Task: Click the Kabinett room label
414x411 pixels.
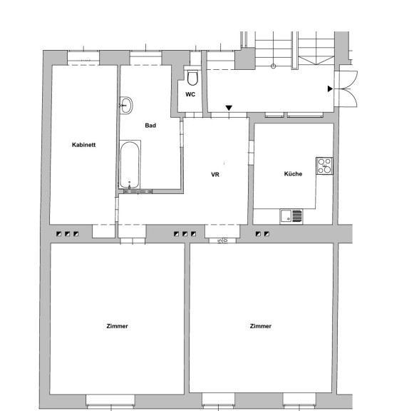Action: point(83,145)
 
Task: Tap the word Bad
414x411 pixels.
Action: point(150,126)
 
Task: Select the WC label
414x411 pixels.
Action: point(190,94)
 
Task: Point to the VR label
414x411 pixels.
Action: point(215,175)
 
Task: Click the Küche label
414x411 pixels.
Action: point(293,173)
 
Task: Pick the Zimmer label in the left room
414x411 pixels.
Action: point(118,326)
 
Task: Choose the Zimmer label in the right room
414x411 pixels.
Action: point(261,326)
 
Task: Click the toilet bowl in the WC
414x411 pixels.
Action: point(192,78)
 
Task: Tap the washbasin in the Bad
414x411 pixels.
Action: point(126,105)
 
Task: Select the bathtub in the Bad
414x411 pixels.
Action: point(130,164)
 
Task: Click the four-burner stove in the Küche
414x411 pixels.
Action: point(324,166)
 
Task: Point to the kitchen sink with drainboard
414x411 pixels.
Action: point(291,216)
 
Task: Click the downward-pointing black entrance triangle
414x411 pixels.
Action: point(229,108)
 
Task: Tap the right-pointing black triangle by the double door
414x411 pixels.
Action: point(330,88)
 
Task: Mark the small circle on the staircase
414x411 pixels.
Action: point(274,66)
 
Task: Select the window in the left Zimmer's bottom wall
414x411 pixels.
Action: point(110,402)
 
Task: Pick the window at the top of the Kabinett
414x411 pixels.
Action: point(83,57)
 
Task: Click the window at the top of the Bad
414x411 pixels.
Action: point(145,57)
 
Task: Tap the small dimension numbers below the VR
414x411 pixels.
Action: point(222,240)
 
